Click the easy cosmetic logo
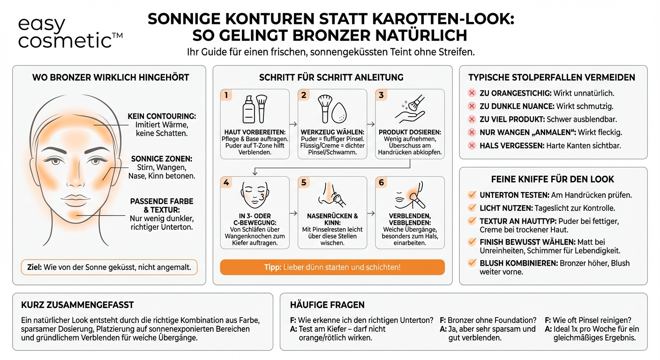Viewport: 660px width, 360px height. (x=70, y=33)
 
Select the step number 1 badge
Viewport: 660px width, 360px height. (x=226, y=95)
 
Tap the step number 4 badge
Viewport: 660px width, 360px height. (x=226, y=182)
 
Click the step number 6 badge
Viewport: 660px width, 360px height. (x=381, y=182)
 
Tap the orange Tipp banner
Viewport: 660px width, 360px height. (x=332, y=267)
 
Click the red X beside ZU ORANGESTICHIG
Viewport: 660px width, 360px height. (x=472, y=93)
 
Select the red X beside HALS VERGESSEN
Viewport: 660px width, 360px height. (x=472, y=146)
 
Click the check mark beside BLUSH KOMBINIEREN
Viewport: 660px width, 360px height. (x=472, y=263)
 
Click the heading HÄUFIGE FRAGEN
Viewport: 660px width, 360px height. (x=327, y=305)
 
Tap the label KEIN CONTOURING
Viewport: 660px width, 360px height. (x=162, y=116)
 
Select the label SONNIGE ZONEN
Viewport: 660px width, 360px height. (x=162, y=159)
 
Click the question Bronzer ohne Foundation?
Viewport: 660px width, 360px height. (x=488, y=320)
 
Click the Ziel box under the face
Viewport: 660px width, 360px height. (x=109, y=267)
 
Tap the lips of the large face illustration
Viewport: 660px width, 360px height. (x=75, y=197)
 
